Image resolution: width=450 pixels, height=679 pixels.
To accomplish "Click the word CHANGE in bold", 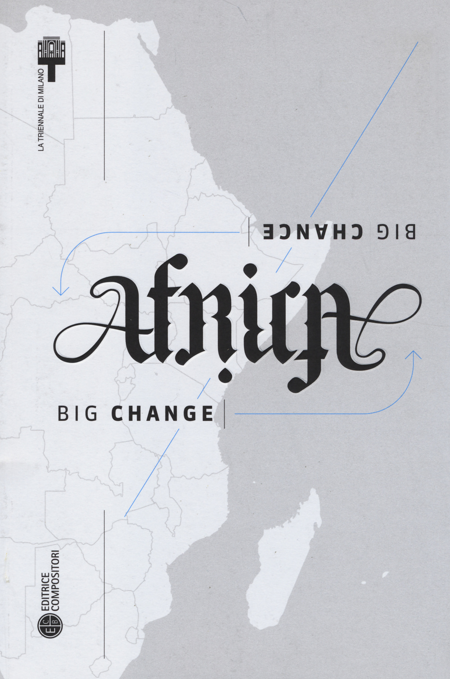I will point(162,414).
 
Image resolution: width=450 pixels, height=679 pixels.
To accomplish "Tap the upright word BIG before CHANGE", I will point(77,414).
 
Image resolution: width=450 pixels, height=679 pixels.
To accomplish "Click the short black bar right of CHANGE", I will point(224,414).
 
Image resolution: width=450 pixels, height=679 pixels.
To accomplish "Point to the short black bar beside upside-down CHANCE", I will point(249,231).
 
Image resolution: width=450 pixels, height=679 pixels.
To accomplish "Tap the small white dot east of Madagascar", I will point(385,575).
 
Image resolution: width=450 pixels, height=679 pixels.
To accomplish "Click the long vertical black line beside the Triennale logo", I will point(104,106).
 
